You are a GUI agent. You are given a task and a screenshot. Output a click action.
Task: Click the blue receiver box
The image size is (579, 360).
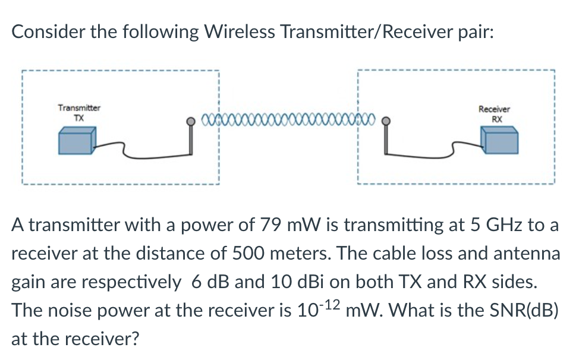499,143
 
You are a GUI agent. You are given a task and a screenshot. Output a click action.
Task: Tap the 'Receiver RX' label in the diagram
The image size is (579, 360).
494,113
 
